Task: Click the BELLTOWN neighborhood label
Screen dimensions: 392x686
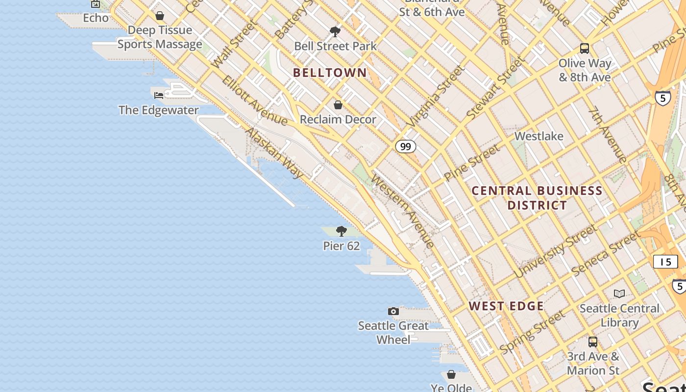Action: coord(330,73)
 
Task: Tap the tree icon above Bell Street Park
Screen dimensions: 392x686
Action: coord(335,32)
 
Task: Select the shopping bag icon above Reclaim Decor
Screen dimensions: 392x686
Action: coord(338,105)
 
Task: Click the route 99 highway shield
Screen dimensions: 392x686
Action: coord(405,147)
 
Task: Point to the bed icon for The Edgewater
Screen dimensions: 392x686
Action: coord(159,95)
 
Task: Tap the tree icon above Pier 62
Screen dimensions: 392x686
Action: coord(342,231)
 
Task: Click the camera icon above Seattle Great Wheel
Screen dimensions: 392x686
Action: coord(393,311)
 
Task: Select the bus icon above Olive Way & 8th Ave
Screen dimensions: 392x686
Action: coord(585,49)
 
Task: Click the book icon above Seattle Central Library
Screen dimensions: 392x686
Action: coord(619,294)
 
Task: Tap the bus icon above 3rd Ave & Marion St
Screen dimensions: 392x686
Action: coord(593,342)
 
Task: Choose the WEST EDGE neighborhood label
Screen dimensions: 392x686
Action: coord(506,306)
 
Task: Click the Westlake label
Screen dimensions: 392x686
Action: coord(539,136)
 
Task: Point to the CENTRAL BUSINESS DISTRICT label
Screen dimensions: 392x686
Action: coord(537,198)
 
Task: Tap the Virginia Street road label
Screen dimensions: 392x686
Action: coord(436,97)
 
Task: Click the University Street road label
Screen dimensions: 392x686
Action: coord(556,251)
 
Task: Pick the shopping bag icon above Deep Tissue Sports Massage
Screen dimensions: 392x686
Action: coord(160,16)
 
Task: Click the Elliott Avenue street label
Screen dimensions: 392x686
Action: coord(254,100)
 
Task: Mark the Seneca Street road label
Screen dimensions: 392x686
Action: coord(606,252)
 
